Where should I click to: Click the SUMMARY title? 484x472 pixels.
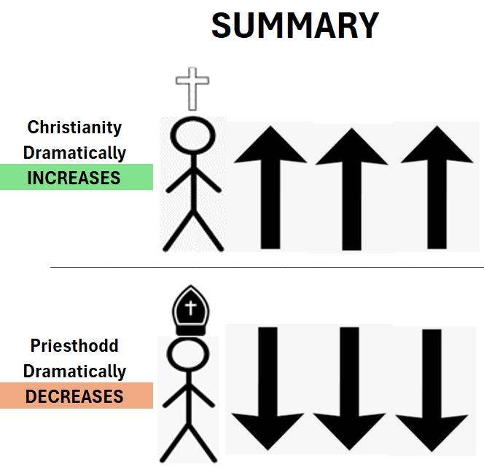point(294,26)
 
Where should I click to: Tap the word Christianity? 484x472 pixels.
point(74,127)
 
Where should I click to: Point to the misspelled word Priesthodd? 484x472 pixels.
point(74,346)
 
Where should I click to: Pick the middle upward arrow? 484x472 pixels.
point(352,187)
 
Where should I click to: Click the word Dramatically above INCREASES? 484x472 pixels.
point(74,153)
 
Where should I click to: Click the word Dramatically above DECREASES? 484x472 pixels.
point(74,371)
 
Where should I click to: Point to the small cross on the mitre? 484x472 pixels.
point(192,307)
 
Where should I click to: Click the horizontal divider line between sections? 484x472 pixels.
point(267,267)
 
